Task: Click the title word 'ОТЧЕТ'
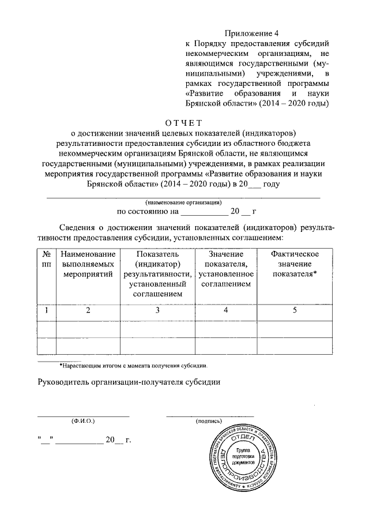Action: (184, 122)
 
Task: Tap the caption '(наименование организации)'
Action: (184, 202)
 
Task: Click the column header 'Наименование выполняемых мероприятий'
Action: (88, 264)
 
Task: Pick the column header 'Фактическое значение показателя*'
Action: (295, 264)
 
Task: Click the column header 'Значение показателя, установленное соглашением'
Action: (225, 269)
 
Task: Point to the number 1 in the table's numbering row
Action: (46, 311)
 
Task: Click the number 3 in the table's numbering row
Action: (157, 311)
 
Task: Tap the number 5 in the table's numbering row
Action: (295, 311)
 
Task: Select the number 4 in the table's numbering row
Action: (225, 311)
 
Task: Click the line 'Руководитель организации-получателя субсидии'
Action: (129, 382)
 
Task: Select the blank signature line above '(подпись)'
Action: (210, 415)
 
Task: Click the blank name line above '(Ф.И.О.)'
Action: (84, 415)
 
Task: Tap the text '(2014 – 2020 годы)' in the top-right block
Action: (293, 103)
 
